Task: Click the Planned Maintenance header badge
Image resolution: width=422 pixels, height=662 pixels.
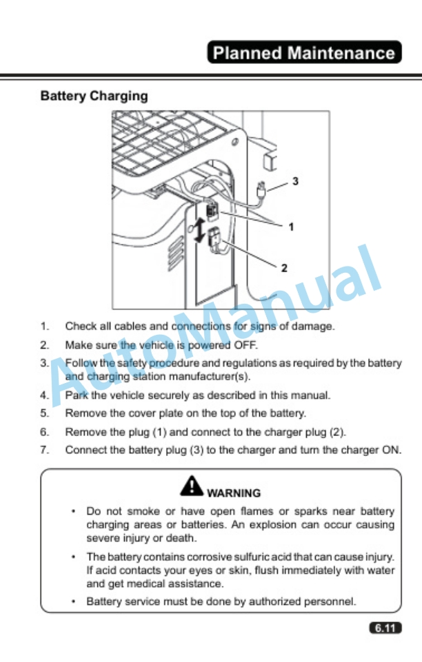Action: (304, 52)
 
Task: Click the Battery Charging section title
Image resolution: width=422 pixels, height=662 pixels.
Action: (94, 96)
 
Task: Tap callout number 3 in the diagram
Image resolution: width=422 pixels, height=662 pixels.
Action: (295, 181)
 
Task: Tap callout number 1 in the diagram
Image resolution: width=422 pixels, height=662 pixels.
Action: (291, 227)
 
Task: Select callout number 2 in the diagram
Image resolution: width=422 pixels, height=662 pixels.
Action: (284, 268)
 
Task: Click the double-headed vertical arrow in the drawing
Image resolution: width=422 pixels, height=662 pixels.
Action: (199, 231)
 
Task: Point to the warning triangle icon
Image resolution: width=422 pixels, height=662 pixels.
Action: (192, 486)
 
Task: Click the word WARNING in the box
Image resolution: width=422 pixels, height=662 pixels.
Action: (234, 493)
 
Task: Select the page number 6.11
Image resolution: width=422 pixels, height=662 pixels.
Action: (385, 628)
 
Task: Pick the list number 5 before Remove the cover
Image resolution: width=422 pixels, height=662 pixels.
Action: (44, 413)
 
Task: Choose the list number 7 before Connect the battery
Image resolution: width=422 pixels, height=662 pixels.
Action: (44, 450)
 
